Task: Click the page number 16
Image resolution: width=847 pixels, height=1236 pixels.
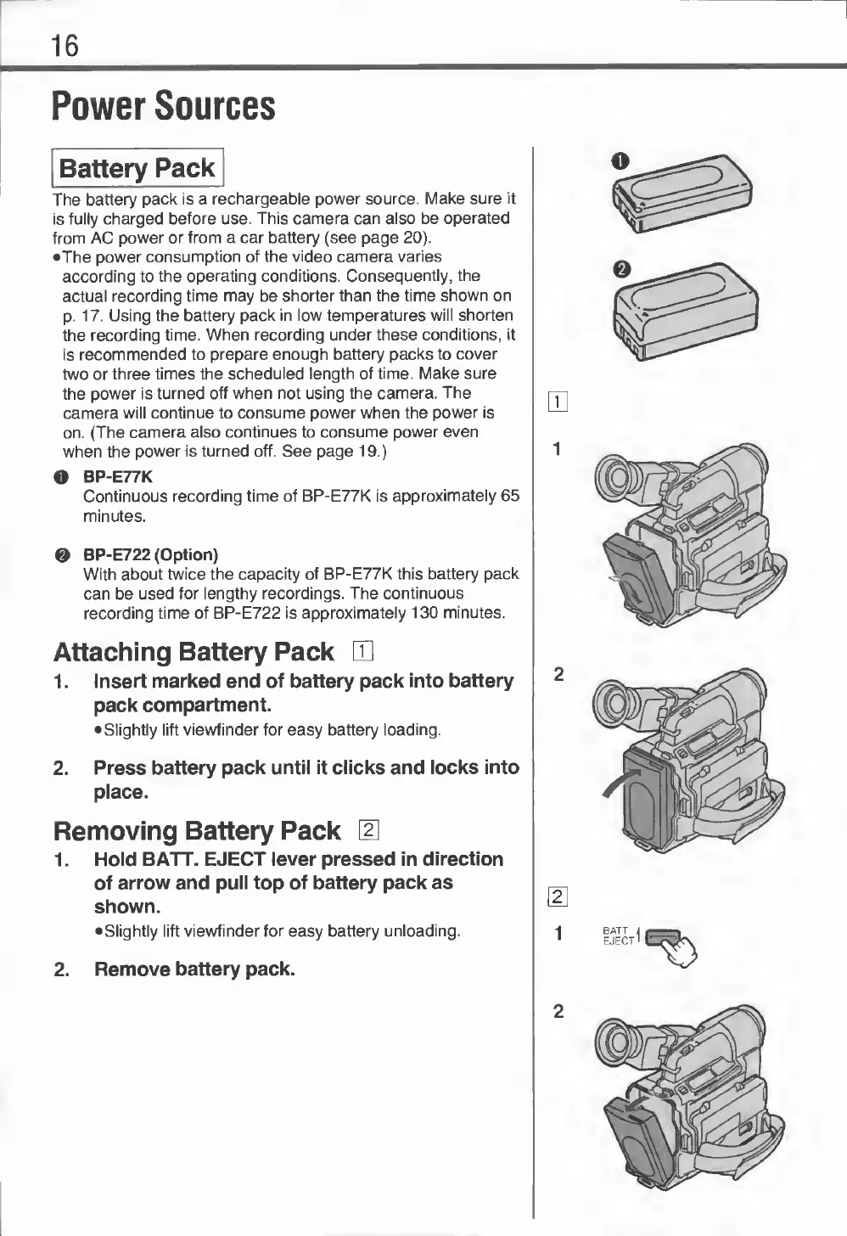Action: pos(65,45)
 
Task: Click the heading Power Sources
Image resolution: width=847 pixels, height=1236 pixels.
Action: pos(164,107)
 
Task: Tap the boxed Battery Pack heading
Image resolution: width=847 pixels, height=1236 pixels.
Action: pos(137,168)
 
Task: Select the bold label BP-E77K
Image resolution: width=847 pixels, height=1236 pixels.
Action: pos(117,477)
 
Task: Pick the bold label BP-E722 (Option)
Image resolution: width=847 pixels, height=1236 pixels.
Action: pos(150,555)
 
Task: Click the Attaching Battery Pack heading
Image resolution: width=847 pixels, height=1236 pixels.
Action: pos(194,652)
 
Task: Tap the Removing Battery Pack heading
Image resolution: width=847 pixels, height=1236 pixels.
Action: pos(197,829)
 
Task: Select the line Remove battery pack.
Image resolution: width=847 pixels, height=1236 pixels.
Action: pos(194,969)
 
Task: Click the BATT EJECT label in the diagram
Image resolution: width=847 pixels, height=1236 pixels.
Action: pos(619,935)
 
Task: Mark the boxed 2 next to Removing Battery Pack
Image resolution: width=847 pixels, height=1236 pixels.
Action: pos(369,829)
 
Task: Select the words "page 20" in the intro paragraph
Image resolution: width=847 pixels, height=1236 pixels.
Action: pos(395,237)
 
